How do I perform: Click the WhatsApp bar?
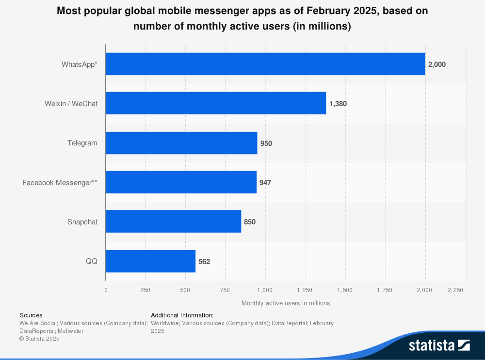[x=265, y=64]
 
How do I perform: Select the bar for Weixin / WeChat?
[x=216, y=103]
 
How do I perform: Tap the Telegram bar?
[x=181, y=143]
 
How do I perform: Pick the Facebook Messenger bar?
[x=181, y=182]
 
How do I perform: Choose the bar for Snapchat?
[x=174, y=221]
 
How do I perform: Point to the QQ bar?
[x=151, y=261]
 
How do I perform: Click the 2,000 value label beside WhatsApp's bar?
[x=437, y=64]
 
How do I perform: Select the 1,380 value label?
[x=338, y=104]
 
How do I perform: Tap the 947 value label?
[x=265, y=183]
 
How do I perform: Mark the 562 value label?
[x=204, y=262]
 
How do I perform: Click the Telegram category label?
[x=82, y=143]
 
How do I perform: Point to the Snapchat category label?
[x=82, y=222]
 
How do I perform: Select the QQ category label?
[x=92, y=261]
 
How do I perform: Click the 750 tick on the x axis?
[x=225, y=290]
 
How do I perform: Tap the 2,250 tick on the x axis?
[x=455, y=290]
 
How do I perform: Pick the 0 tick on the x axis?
[x=106, y=290]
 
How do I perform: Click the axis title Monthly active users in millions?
[x=286, y=303]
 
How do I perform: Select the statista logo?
[x=439, y=345]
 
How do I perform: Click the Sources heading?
[x=31, y=315]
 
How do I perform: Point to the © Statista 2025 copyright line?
[x=39, y=339]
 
